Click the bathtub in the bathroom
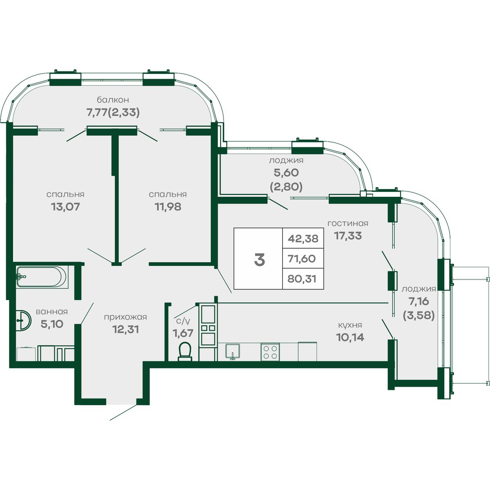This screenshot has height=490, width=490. pyautogui.click(x=42, y=277)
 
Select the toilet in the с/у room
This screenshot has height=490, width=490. pyautogui.click(x=185, y=352)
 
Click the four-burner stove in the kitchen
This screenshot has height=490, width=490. pyautogui.click(x=270, y=352)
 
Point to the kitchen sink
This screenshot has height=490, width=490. pyautogui.click(x=233, y=352)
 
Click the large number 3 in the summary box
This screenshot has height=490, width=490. pyautogui.click(x=259, y=260)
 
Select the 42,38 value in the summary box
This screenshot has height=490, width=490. pyautogui.click(x=303, y=239)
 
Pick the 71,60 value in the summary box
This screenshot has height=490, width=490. pyautogui.click(x=302, y=259)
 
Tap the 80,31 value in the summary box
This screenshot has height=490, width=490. pyautogui.click(x=302, y=279)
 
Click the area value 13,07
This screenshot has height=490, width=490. pyautogui.click(x=65, y=207)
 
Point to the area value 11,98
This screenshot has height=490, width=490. pyautogui.click(x=168, y=207)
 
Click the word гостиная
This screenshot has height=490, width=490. pyautogui.click(x=347, y=223)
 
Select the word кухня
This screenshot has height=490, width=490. pyautogui.click(x=350, y=325)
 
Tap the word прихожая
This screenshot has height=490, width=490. pyautogui.click(x=125, y=317)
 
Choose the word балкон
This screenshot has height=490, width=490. pyautogui.click(x=113, y=100)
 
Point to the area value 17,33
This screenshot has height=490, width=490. pyautogui.click(x=347, y=236)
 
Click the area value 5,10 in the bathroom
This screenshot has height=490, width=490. pyautogui.click(x=52, y=324)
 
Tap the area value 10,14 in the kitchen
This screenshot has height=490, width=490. pyautogui.click(x=350, y=337)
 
